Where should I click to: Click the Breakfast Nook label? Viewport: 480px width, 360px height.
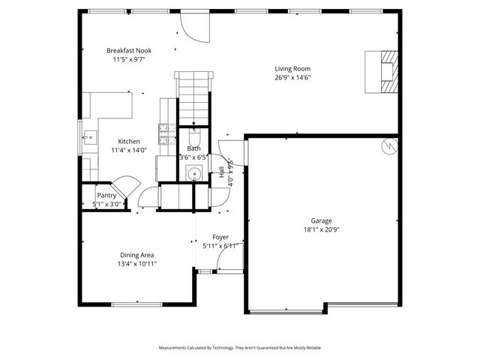tap(129, 49)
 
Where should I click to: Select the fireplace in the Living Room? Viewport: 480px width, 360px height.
tap(383, 71)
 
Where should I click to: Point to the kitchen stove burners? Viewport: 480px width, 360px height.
tap(163, 134)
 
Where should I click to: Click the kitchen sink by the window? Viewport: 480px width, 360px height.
tap(89, 137)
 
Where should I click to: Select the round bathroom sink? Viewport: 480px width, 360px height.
tap(193, 175)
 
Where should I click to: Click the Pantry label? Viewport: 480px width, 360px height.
tap(106, 195)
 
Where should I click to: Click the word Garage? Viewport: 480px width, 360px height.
tap(322, 220)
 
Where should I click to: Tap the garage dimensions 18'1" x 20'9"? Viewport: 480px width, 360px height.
tap(322, 230)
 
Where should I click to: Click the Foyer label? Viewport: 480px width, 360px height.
tap(220, 236)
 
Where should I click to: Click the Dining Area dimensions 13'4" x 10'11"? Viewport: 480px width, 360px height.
tap(136, 263)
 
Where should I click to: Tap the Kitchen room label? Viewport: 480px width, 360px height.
tap(128, 141)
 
